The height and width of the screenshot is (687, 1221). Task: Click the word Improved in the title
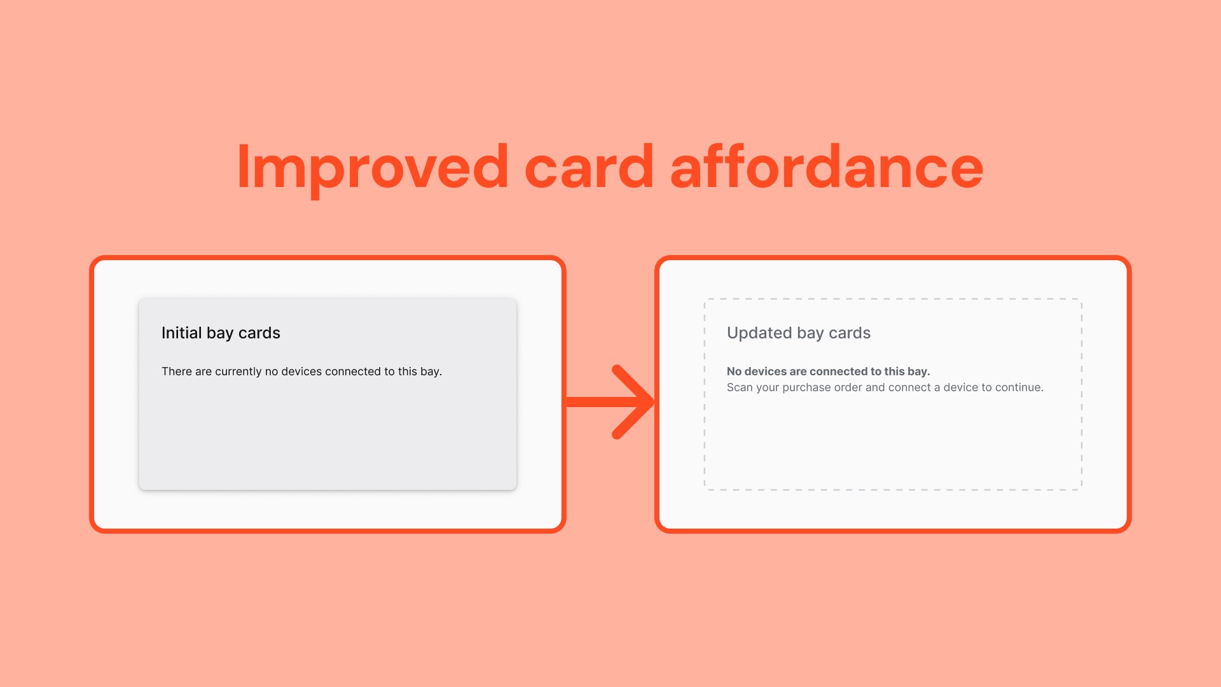[373, 167]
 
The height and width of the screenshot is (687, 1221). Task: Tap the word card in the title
[589, 167]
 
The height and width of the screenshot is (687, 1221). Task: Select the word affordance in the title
[827, 167]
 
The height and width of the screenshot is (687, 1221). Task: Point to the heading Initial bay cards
[221, 333]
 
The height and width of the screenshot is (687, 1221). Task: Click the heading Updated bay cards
[798, 333]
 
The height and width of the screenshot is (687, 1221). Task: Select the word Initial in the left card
[181, 333]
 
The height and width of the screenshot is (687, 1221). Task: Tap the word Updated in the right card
[759, 333]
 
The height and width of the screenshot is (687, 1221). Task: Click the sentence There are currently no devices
[301, 371]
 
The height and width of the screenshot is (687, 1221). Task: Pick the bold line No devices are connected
[828, 371]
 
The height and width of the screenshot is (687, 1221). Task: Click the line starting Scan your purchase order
[885, 387]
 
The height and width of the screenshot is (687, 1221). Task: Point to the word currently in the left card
[238, 371]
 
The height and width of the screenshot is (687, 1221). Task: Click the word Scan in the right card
[740, 387]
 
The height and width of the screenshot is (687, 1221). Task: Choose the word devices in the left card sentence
[301, 371]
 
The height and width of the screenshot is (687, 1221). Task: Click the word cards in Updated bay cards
[850, 333]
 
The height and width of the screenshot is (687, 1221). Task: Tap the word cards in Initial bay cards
[259, 333]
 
